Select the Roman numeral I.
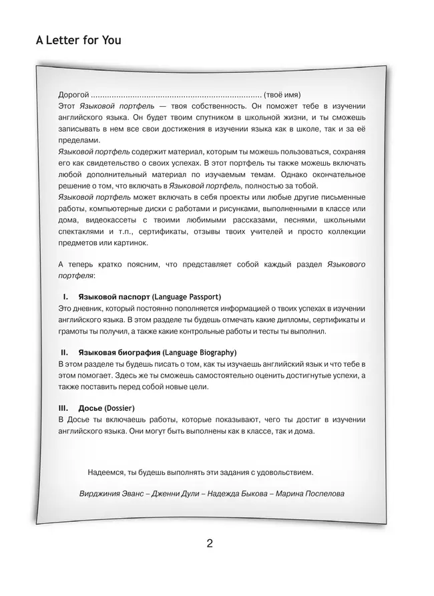point(65,296)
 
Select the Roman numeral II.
point(64,352)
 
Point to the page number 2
point(210,543)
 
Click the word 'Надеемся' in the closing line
point(105,472)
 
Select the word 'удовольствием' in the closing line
point(283,472)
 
